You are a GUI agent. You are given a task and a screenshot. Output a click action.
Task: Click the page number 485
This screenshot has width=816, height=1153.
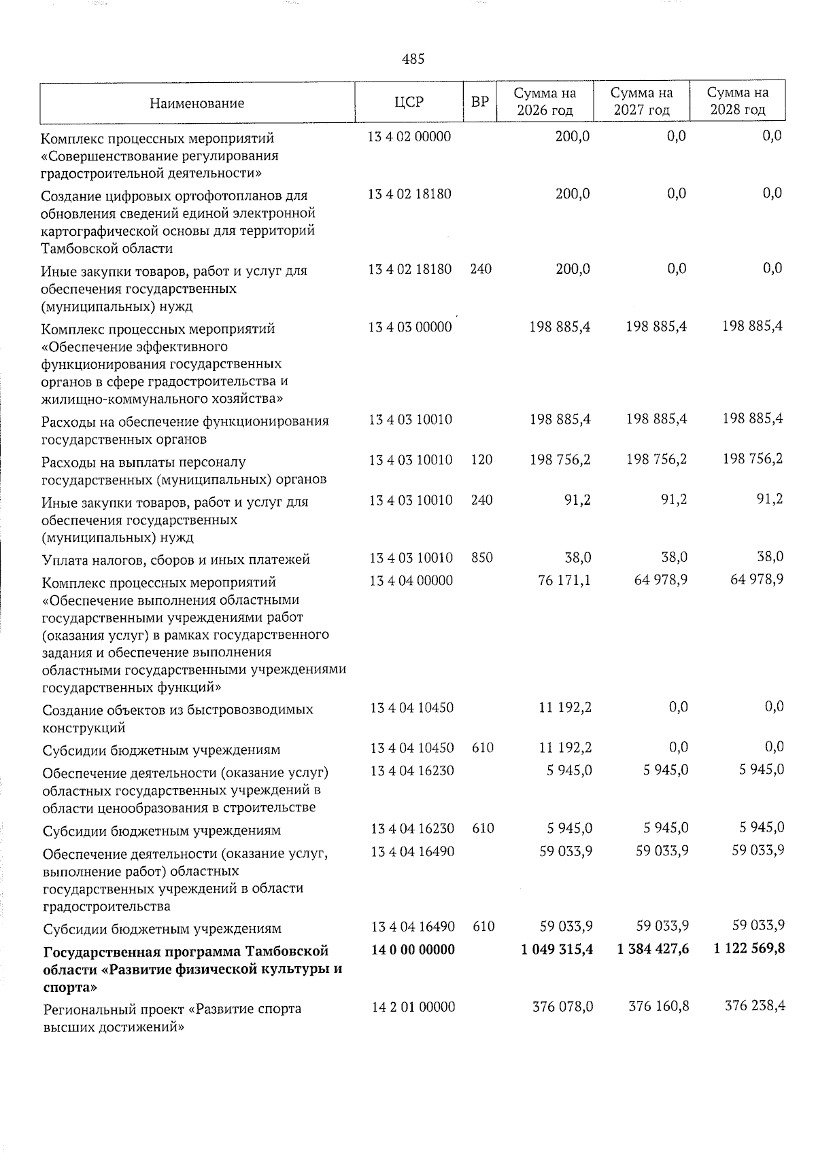pyautogui.click(x=413, y=59)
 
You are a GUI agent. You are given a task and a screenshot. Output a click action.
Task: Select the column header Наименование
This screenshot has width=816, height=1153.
pyautogui.click(x=197, y=103)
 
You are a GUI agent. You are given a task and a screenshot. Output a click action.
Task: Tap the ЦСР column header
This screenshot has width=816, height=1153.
pyautogui.click(x=409, y=103)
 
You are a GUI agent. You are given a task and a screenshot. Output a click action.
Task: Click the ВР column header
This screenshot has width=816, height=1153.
pyautogui.click(x=480, y=103)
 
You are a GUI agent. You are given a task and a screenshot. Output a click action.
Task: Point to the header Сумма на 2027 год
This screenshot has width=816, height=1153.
pyautogui.click(x=641, y=101)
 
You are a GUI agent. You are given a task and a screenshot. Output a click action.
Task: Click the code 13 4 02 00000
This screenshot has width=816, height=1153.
pyautogui.click(x=409, y=137)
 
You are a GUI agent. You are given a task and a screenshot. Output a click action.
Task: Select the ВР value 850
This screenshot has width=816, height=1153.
pyautogui.click(x=481, y=558)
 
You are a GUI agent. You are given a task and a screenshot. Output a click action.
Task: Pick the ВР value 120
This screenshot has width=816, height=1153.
pyautogui.click(x=481, y=460)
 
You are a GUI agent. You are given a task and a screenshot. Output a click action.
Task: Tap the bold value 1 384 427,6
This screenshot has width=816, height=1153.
pyautogui.click(x=653, y=948)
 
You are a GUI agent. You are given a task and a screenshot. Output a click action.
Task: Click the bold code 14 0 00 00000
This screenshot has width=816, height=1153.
pyautogui.click(x=413, y=949)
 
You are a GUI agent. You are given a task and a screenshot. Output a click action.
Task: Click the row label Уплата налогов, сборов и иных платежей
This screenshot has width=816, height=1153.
pyautogui.click(x=175, y=560)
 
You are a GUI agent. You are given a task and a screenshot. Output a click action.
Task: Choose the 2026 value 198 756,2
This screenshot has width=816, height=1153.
pyautogui.click(x=560, y=460)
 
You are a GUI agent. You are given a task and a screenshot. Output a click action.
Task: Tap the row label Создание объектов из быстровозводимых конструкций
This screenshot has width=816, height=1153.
pyautogui.click(x=177, y=719)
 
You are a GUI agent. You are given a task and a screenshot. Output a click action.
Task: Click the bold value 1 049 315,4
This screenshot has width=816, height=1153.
pyautogui.click(x=557, y=948)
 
